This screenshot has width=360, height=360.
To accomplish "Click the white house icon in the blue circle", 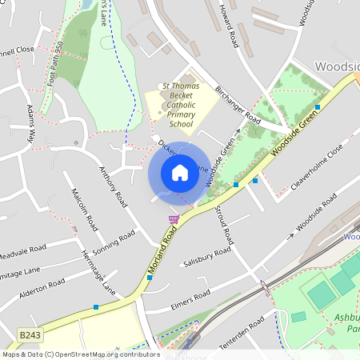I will click(180, 173).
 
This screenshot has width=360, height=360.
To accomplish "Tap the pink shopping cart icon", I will click(174, 219).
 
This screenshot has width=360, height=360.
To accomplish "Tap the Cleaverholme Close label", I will click(316, 166).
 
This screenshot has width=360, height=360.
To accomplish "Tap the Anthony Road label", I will click(112, 182).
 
